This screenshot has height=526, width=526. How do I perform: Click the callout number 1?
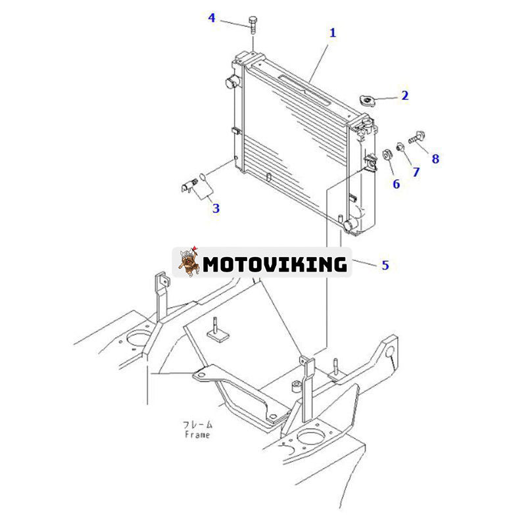(x=333, y=32)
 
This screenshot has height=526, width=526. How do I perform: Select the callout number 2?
(x=405, y=95)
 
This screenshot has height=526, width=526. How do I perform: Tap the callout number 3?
(x=216, y=208)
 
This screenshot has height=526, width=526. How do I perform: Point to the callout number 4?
(x=212, y=18)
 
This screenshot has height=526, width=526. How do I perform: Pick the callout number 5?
(x=385, y=265)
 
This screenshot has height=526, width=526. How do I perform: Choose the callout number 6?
(x=396, y=183)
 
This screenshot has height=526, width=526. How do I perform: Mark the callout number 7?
(x=415, y=172)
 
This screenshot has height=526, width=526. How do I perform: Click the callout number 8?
(x=435, y=158)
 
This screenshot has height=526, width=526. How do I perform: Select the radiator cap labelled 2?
(x=366, y=100)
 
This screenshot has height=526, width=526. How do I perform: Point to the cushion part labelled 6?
(x=387, y=155)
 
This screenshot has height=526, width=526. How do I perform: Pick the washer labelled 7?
(x=399, y=146)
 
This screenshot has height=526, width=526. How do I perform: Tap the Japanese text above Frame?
(x=196, y=425)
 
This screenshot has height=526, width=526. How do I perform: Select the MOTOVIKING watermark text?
(x=274, y=264)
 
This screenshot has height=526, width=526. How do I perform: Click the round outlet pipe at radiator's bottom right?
(x=350, y=224)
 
